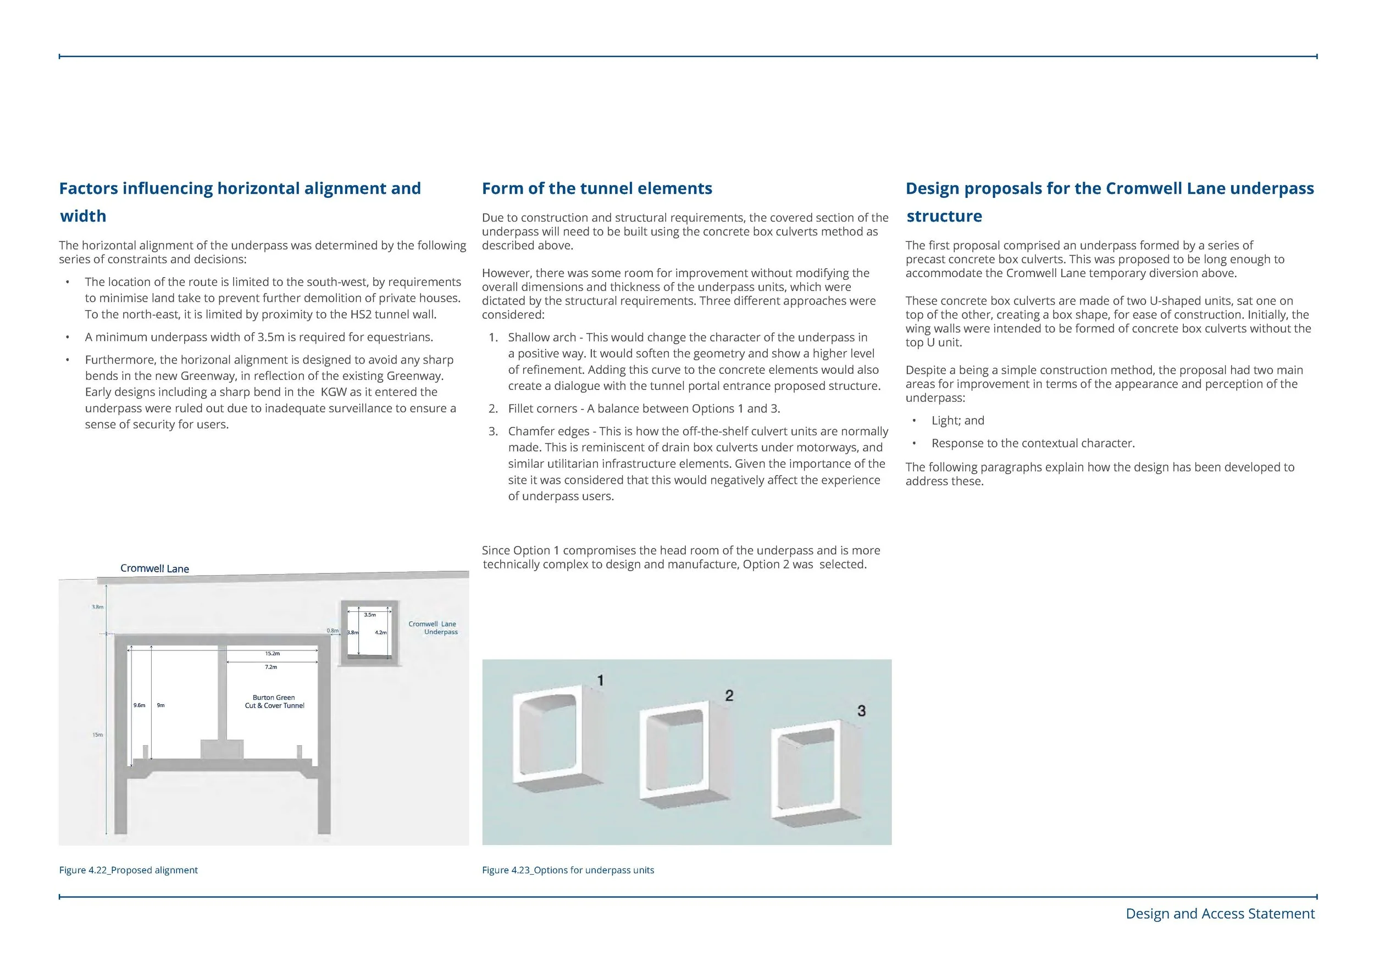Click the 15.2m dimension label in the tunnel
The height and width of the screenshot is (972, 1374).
point(272,654)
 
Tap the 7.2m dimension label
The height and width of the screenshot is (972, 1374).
point(270,667)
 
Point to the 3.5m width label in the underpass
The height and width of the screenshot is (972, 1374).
point(370,615)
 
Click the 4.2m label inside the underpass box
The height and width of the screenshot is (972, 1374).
point(381,632)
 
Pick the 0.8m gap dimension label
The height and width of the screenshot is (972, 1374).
point(332,630)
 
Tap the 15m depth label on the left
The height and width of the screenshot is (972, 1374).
point(97,734)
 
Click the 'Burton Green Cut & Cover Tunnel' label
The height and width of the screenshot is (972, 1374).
point(274,702)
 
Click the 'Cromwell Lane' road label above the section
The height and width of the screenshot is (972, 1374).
point(154,568)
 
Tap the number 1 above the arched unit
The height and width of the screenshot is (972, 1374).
point(600,680)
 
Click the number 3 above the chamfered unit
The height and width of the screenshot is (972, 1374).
point(861,710)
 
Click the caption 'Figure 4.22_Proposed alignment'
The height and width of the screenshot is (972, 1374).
point(128,870)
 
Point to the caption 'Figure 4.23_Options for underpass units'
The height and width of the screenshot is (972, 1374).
point(567,870)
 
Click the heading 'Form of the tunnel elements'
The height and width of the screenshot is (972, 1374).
point(597,189)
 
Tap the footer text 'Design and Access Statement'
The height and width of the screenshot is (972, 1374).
point(1220,914)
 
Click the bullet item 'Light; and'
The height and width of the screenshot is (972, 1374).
point(957,421)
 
